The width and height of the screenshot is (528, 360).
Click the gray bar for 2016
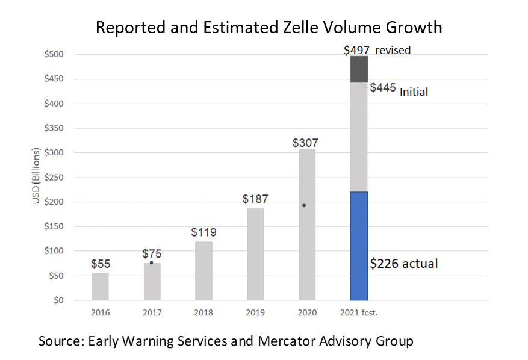point(101,287)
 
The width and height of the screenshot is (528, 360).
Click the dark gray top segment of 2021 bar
point(359,69)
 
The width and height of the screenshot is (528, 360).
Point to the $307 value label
point(305,143)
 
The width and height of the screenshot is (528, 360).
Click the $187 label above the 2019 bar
point(255,199)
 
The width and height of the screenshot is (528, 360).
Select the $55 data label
point(101,264)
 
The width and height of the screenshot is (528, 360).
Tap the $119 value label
point(203,232)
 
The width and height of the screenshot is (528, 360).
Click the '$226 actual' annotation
point(403,263)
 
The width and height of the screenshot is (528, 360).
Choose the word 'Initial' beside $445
point(414,92)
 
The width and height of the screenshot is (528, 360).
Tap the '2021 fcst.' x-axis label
point(359,313)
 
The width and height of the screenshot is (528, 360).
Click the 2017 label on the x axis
point(152,313)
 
